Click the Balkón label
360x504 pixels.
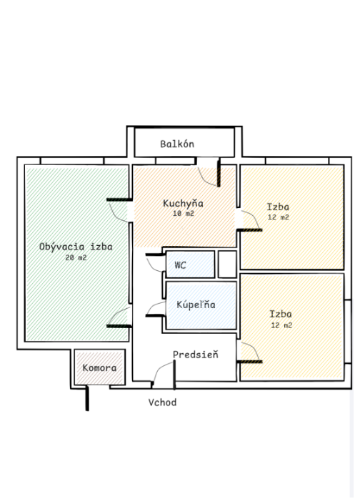[177, 144]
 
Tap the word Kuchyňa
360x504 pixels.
[183, 203]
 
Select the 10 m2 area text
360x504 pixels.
[184, 214]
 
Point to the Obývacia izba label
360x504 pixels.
[76, 247]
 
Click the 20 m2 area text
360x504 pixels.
[76, 257]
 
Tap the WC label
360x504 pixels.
[180, 265]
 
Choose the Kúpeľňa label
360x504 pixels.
[196, 305]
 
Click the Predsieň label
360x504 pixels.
[196, 355]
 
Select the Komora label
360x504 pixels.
[99, 367]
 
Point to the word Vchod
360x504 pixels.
[162, 402]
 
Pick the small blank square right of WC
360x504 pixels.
[227, 265]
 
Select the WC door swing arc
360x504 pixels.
[154, 265]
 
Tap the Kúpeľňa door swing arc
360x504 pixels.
[155, 307]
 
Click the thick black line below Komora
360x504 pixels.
[87, 399]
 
